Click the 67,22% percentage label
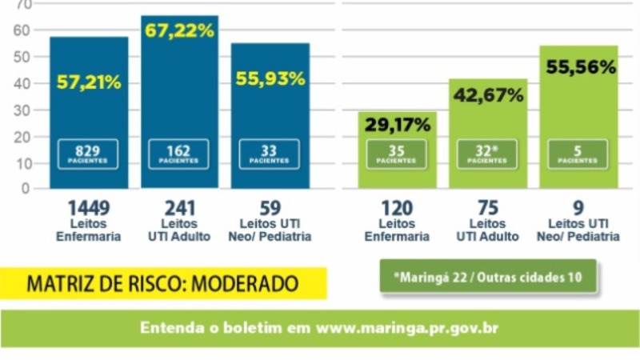tap(179, 30)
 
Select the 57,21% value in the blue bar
tap(89, 82)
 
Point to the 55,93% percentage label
tap(270, 78)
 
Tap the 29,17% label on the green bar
tap(398, 125)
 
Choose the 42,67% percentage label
tap(488, 95)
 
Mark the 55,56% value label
tap(581, 67)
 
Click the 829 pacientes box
tap(88, 154)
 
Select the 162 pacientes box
tap(178, 154)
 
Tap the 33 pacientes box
tap(270, 154)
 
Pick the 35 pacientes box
tap(396, 154)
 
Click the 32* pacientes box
tap(487, 154)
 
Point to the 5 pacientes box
tap(578, 154)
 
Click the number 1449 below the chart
tap(89, 208)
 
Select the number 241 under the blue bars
tap(179, 208)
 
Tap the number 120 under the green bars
tap(397, 208)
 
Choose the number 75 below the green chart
tap(488, 208)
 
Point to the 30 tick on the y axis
tap(22, 110)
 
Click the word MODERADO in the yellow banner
tap(245, 284)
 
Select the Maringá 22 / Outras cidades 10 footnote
tap(488, 278)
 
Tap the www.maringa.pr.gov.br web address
tap(407, 329)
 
